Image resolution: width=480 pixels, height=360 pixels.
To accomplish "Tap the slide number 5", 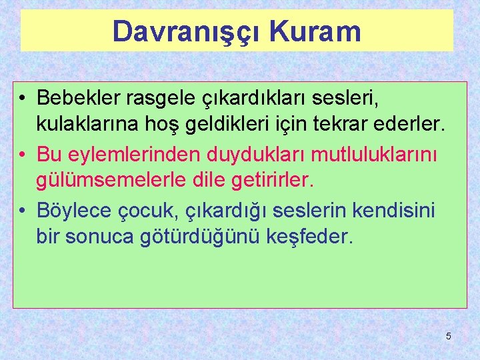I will pyautogui.click(x=449, y=336).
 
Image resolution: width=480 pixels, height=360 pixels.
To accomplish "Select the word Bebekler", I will pyautogui.click(x=79, y=98).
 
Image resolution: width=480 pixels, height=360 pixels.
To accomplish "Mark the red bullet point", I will pyautogui.click(x=23, y=155).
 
